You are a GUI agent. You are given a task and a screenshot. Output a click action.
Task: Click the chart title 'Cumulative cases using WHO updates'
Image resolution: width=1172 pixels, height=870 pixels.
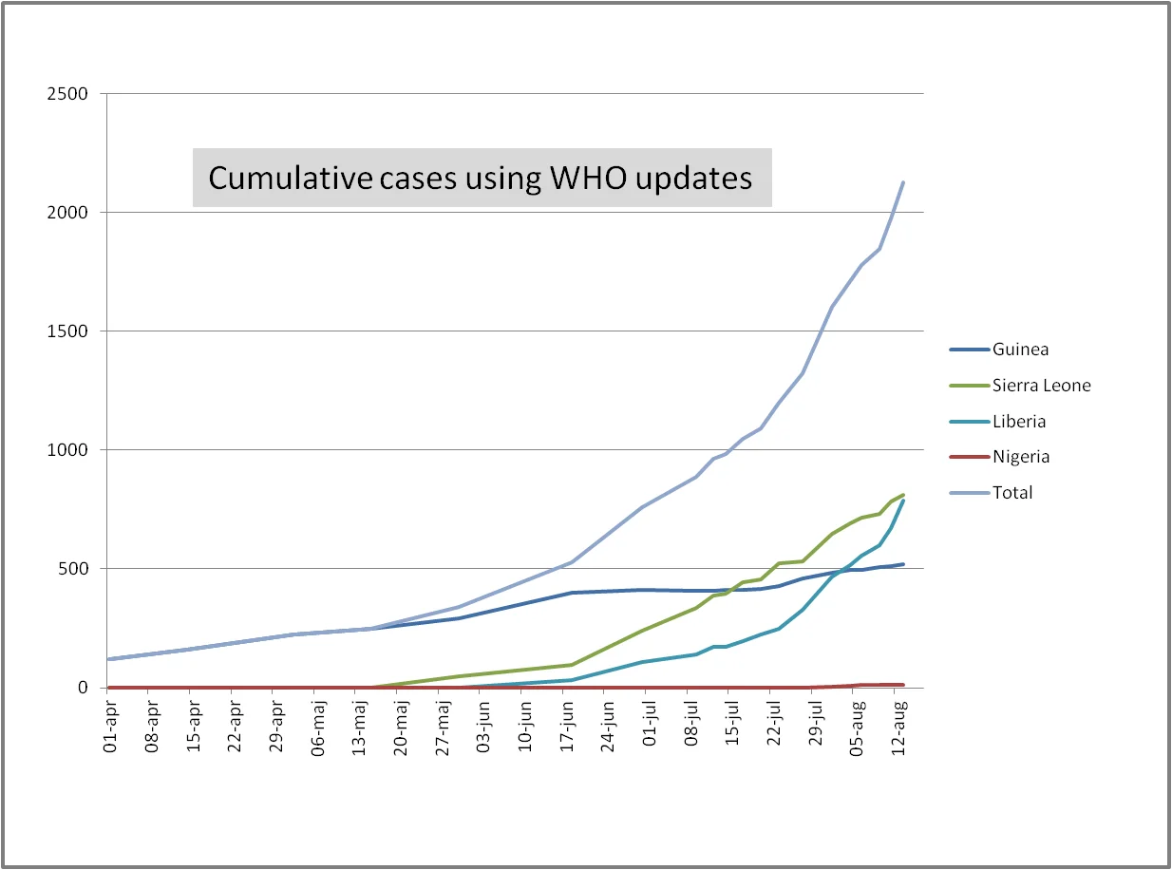480,178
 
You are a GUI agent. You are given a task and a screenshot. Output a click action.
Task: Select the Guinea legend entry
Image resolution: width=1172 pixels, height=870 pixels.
999,350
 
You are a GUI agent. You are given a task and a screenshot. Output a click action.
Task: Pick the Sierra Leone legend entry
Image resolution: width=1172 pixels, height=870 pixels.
1020,386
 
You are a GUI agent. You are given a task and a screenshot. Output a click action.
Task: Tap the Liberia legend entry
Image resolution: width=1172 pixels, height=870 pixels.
997,422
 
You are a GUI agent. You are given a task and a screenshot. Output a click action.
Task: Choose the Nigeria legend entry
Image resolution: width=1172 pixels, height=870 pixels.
999,457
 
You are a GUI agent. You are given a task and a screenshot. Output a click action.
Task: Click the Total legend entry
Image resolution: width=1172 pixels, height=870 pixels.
991,493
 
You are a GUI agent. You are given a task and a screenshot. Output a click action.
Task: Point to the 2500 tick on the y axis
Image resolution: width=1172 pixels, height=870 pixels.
67,94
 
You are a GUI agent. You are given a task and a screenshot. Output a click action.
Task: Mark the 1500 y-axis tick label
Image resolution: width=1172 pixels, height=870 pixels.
67,331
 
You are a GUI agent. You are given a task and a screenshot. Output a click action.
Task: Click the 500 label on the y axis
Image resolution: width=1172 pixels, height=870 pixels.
73,569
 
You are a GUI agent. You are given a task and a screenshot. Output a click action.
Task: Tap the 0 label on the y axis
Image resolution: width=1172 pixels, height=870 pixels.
83,688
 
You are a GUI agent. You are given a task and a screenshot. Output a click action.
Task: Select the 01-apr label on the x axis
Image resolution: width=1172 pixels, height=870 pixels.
110,727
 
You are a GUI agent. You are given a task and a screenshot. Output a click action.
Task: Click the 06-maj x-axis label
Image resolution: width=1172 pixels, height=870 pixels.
317,728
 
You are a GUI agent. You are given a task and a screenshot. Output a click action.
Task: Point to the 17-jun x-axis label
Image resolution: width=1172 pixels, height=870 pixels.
566,727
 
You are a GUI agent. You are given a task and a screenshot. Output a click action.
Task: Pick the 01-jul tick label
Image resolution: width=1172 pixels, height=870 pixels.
650,724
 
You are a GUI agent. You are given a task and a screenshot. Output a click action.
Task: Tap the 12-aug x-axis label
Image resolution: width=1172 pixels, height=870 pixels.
898,728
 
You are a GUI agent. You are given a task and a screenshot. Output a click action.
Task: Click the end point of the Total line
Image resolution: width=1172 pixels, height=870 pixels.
903,182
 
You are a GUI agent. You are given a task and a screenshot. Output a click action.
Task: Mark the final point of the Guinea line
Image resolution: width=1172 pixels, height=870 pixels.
903,564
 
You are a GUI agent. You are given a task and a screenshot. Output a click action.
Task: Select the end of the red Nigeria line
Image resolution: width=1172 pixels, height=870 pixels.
903,685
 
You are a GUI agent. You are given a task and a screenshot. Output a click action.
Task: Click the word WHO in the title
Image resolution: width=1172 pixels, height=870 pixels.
589,178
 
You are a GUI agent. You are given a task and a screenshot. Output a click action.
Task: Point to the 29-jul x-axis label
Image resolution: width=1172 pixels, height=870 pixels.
815,724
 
